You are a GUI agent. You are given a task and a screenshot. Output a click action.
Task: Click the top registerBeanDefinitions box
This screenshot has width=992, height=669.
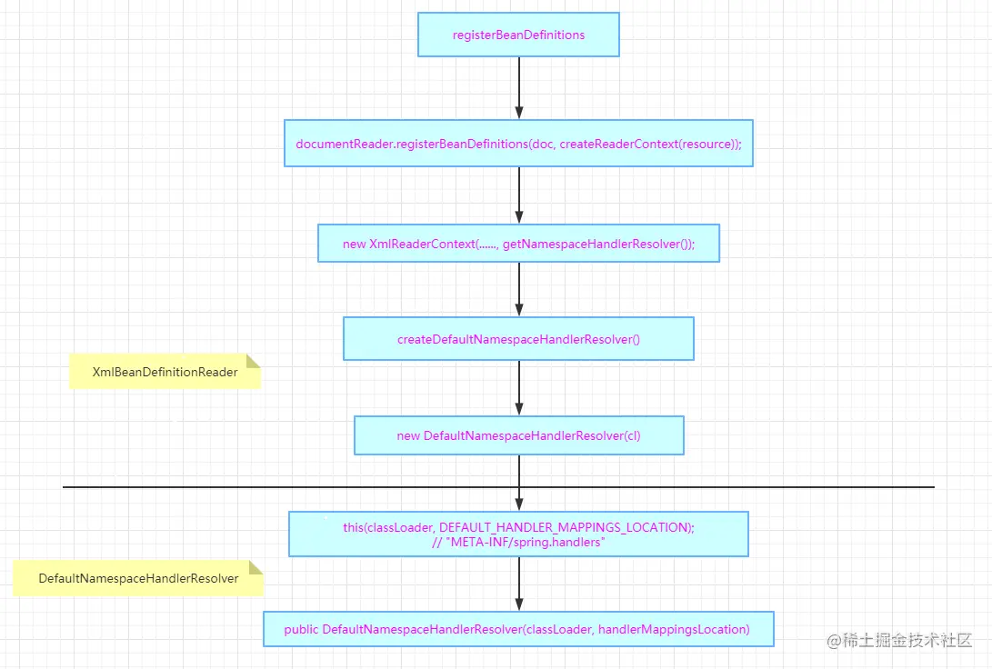[x=518, y=35]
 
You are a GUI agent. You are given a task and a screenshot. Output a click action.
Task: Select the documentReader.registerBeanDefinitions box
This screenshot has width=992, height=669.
[x=518, y=144]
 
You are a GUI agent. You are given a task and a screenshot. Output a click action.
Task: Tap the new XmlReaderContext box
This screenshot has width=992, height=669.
[x=518, y=244]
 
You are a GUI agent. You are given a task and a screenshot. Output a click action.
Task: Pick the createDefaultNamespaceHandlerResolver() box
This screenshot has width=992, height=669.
[x=518, y=339]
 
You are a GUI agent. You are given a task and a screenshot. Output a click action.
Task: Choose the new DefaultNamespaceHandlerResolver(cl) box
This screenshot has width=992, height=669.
[x=518, y=435]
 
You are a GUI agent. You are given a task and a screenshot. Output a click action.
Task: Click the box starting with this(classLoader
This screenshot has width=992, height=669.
[x=518, y=534]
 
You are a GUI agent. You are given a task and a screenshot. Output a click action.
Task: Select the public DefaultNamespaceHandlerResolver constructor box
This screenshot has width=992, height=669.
[x=518, y=629]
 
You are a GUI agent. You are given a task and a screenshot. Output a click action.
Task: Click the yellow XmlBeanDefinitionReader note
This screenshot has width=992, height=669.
[x=165, y=372]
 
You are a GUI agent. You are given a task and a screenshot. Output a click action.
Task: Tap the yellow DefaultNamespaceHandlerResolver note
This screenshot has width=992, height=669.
[x=138, y=578]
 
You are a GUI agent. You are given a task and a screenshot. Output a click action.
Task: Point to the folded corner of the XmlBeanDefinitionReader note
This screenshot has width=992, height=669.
[x=253, y=361]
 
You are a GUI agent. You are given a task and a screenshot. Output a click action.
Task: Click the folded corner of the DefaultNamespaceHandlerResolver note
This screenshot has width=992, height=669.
[x=256, y=567]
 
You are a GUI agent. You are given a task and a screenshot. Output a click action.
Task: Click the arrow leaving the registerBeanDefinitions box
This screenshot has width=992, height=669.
[x=519, y=88]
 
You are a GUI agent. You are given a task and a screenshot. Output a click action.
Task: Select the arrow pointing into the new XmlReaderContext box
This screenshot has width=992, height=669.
[x=519, y=195]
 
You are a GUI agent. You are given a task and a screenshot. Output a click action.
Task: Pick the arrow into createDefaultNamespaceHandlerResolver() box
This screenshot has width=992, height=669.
[x=519, y=290]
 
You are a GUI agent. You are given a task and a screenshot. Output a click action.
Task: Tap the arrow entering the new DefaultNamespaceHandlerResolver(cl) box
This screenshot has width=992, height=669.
[x=519, y=388]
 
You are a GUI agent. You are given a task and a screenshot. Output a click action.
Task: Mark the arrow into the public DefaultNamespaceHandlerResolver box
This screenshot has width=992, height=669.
[x=519, y=584]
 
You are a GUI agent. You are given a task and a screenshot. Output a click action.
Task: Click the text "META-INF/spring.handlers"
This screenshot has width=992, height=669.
[x=527, y=542]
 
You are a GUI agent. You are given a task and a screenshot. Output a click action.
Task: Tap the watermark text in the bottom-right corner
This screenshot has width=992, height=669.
[x=899, y=641]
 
